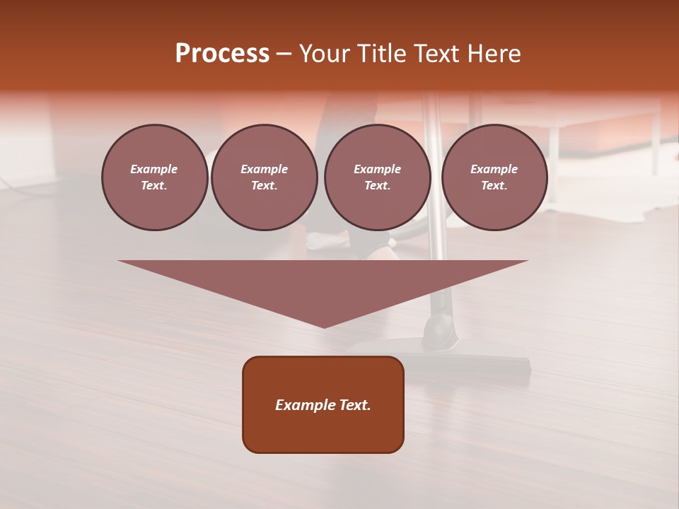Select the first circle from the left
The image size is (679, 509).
click(x=154, y=177)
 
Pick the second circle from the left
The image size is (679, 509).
click(x=264, y=177)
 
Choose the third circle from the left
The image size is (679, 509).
click(x=377, y=177)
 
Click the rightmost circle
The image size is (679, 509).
click(x=494, y=177)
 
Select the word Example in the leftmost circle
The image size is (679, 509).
click(x=154, y=169)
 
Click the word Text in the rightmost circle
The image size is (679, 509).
click(x=494, y=186)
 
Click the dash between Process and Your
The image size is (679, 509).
click(x=284, y=54)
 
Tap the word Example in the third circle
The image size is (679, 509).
click(x=377, y=169)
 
